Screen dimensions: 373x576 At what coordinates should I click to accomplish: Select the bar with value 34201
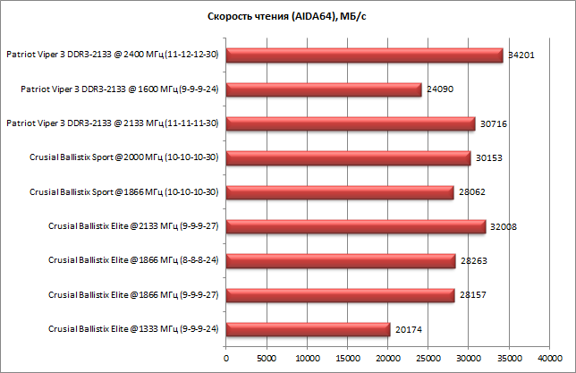coord(364,55)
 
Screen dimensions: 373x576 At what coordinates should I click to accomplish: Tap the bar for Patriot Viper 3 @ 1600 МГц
coord(323,89)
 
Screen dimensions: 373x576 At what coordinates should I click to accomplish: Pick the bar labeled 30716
coord(350,123)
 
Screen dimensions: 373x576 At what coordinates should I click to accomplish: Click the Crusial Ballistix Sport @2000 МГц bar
coord(348,158)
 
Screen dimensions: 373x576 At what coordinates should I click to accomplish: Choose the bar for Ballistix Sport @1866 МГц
coord(339,192)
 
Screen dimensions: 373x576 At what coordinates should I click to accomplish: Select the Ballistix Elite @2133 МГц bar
coord(355,226)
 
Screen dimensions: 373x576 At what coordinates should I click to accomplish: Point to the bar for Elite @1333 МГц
coord(308,329)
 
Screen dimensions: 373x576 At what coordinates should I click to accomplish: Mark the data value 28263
coord(474,261)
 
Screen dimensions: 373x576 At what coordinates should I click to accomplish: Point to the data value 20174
coord(408,330)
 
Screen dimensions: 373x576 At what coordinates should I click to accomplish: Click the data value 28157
coord(473,295)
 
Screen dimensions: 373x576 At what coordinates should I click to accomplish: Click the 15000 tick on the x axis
coord(347,359)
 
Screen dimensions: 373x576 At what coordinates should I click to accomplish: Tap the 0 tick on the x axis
coord(226,359)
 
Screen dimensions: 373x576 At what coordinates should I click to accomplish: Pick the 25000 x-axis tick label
coord(428,359)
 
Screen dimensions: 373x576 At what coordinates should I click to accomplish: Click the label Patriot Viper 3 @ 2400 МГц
coord(113,55)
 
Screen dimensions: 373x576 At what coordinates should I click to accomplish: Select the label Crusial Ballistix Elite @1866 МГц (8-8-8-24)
coord(134,261)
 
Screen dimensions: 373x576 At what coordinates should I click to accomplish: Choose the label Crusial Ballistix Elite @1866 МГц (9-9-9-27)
coord(134,295)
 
